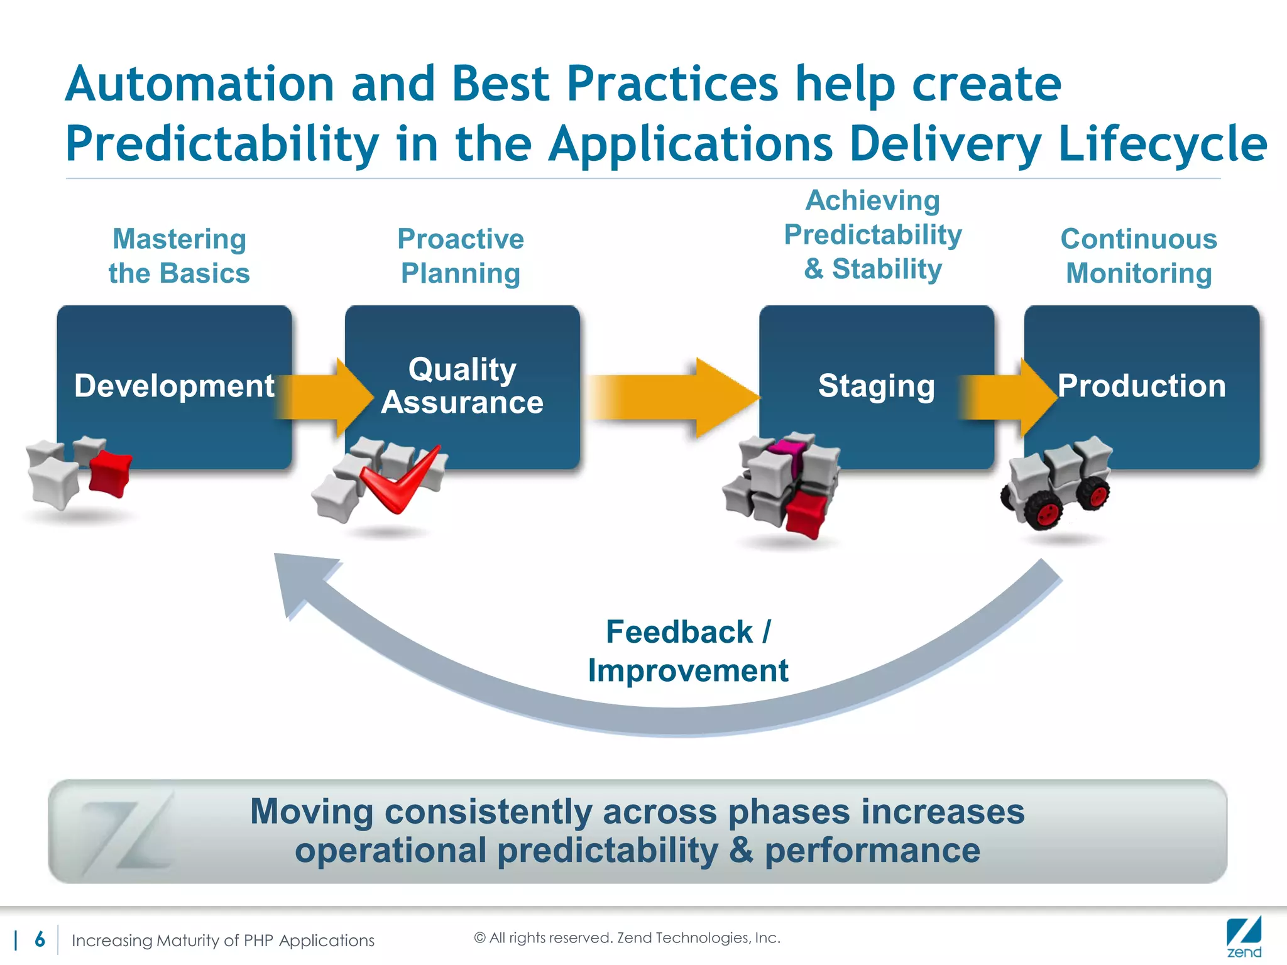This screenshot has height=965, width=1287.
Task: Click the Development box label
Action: (x=174, y=386)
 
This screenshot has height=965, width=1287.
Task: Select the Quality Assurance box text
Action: (x=463, y=386)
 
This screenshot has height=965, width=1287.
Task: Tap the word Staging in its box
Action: (x=876, y=386)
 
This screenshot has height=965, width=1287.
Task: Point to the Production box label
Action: (x=1141, y=386)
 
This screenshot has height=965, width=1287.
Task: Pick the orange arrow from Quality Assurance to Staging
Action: (x=672, y=397)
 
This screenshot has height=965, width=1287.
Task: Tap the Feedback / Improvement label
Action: (x=687, y=651)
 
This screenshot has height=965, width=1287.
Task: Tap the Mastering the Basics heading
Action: (x=179, y=256)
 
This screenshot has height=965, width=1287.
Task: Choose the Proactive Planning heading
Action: (x=461, y=256)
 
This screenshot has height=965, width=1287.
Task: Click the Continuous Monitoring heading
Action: (x=1139, y=256)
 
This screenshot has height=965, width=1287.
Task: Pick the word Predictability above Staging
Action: (x=873, y=235)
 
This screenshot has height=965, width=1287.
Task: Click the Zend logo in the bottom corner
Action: (x=1244, y=937)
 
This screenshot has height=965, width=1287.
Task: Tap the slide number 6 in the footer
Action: (x=40, y=939)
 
